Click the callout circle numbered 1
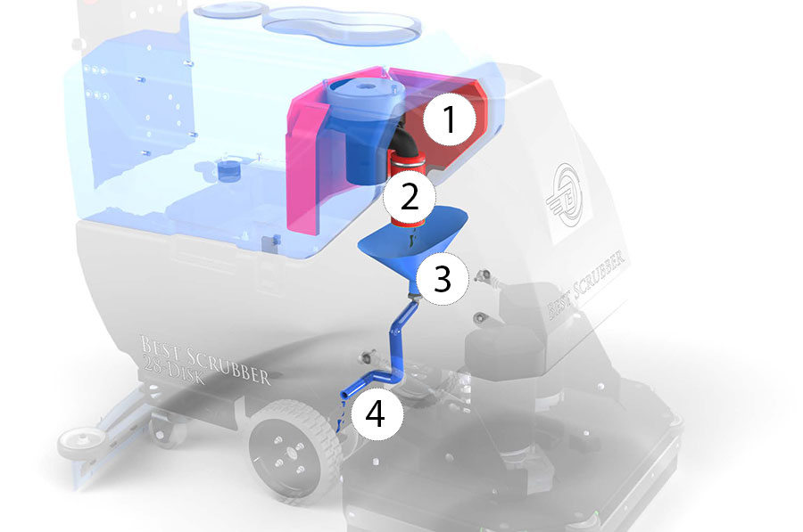(x=449, y=119)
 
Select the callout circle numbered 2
(x=410, y=197)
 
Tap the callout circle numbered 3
(x=442, y=279)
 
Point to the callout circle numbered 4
(x=377, y=413)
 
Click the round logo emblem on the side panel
(x=566, y=194)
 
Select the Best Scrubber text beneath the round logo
(x=586, y=284)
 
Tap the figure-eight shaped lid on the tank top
(x=341, y=24)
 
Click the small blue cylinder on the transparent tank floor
(x=228, y=169)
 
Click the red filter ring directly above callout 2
(x=408, y=161)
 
